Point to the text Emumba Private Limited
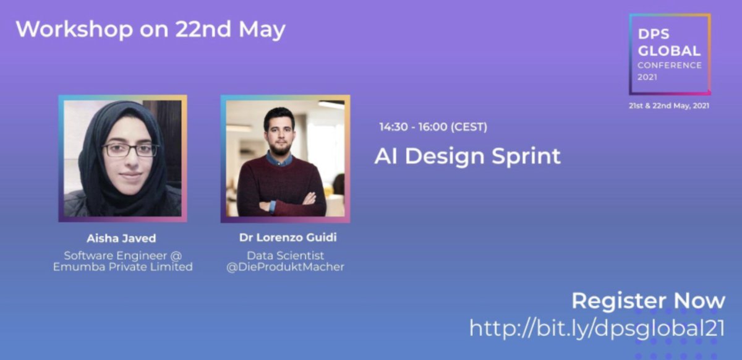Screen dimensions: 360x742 (x=122, y=267)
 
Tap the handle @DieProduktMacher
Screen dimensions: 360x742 (x=285, y=267)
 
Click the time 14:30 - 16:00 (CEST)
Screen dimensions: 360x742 (x=433, y=127)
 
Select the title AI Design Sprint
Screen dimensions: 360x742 (x=467, y=156)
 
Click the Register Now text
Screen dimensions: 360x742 (x=648, y=301)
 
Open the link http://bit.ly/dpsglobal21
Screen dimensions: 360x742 (x=597, y=328)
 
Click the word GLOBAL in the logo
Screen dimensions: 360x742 (x=669, y=51)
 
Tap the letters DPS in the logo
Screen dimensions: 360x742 (x=654, y=36)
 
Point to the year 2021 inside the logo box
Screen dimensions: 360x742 (x=647, y=77)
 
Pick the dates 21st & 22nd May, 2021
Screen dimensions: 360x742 (x=669, y=106)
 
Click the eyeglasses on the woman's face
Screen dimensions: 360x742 (x=130, y=150)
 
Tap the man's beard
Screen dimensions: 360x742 (x=279, y=148)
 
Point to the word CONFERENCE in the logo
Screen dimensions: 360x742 (x=670, y=65)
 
